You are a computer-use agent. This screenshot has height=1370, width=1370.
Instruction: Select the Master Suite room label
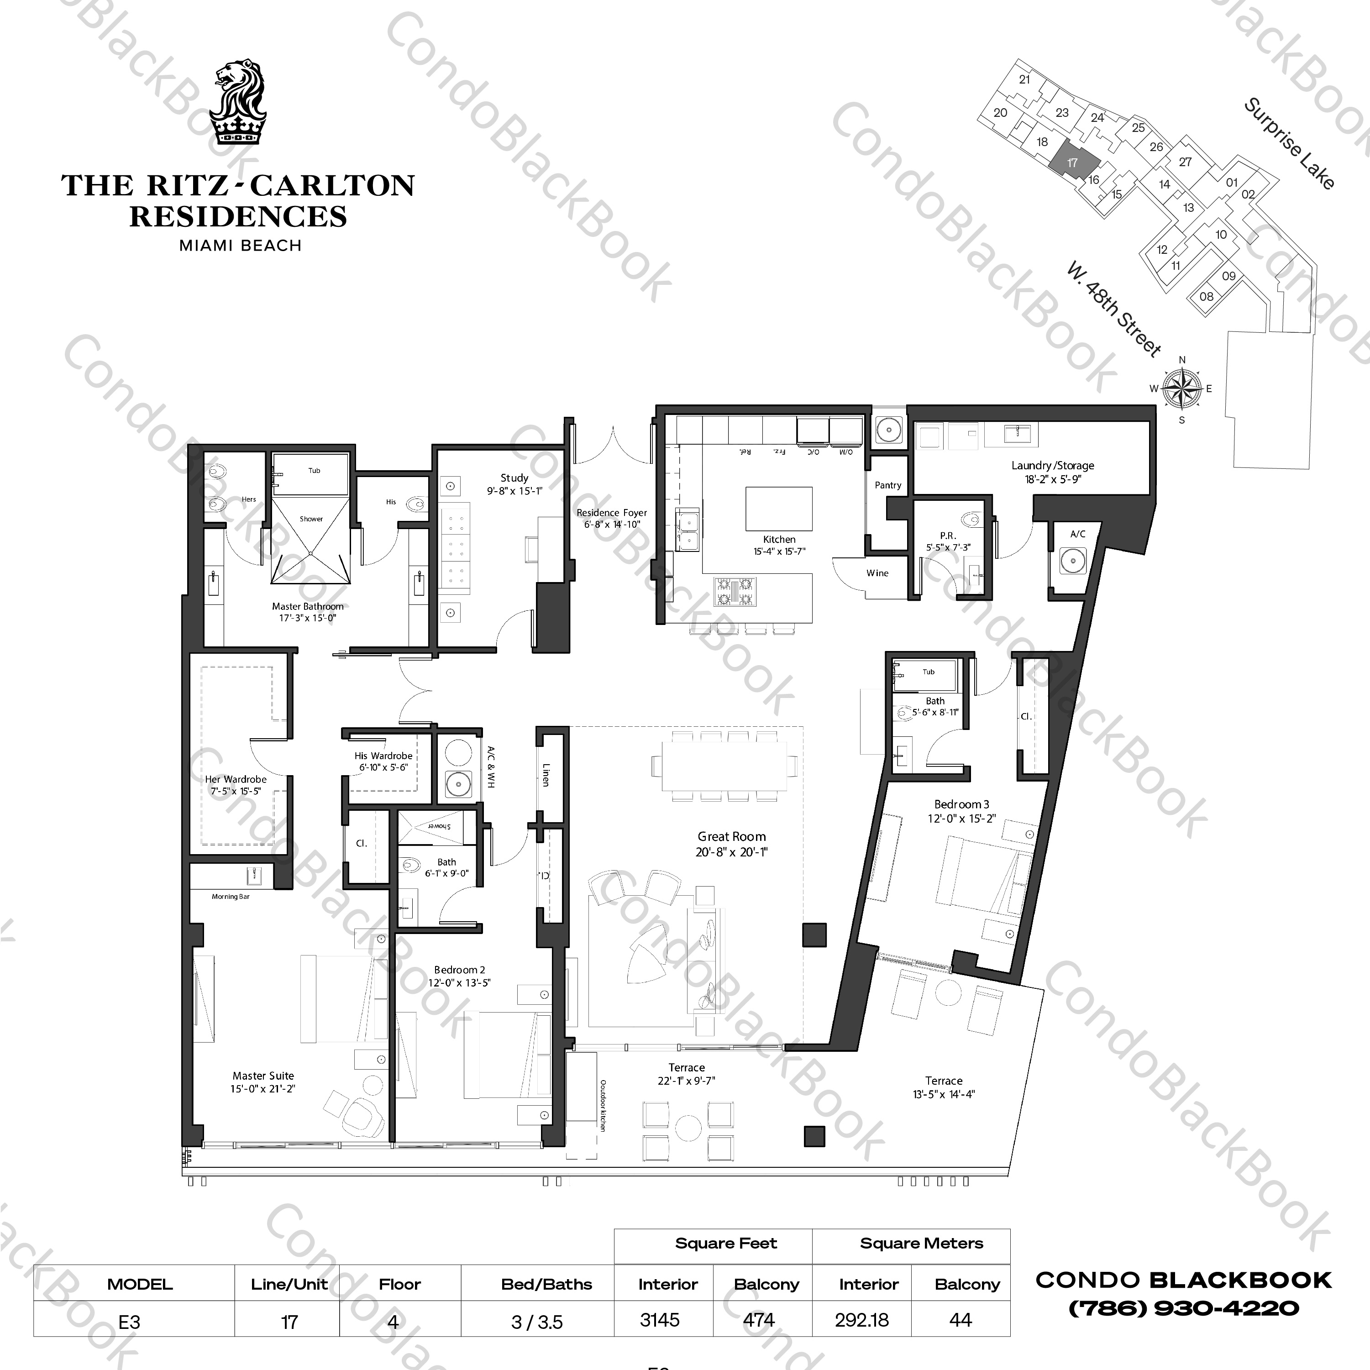[262, 1076]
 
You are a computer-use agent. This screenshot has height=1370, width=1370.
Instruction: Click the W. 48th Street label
[1113, 309]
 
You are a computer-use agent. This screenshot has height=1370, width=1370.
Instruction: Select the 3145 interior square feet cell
[660, 1320]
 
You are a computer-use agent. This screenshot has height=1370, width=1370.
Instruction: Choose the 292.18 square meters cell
[861, 1320]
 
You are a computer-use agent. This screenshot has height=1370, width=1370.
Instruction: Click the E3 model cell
[130, 1322]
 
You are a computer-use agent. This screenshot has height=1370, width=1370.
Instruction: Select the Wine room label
[877, 573]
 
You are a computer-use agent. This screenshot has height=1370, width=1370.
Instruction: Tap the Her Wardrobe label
[236, 779]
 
